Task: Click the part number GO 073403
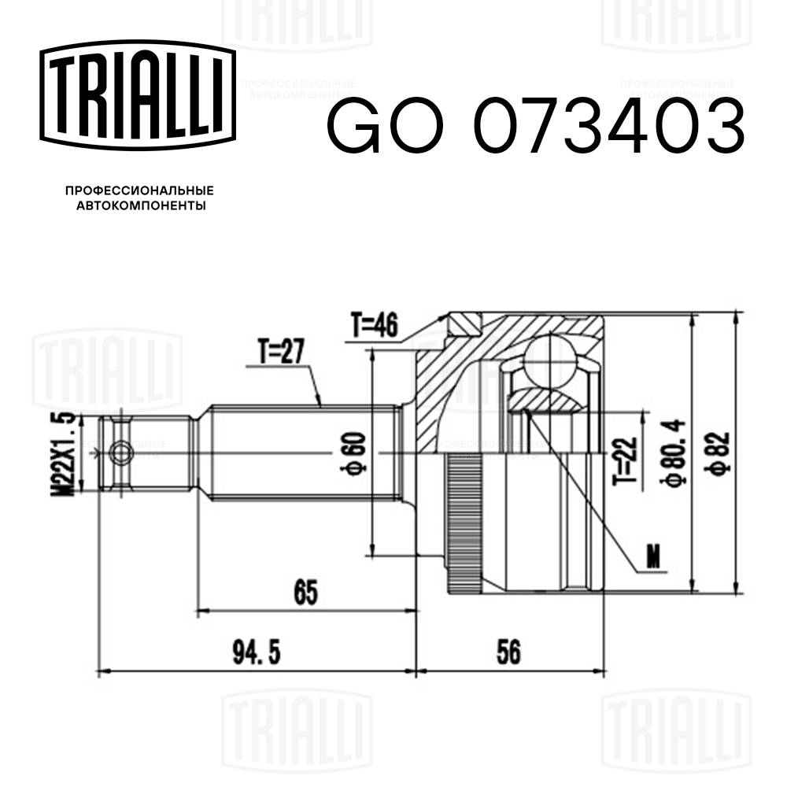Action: click(535, 126)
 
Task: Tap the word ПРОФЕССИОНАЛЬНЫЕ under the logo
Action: click(139, 191)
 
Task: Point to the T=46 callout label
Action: click(375, 324)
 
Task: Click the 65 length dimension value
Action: click(306, 593)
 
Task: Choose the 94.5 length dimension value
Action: click(257, 652)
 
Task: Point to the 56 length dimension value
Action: click(510, 652)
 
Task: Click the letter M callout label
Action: click(652, 557)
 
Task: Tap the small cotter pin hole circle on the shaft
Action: click(121, 453)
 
